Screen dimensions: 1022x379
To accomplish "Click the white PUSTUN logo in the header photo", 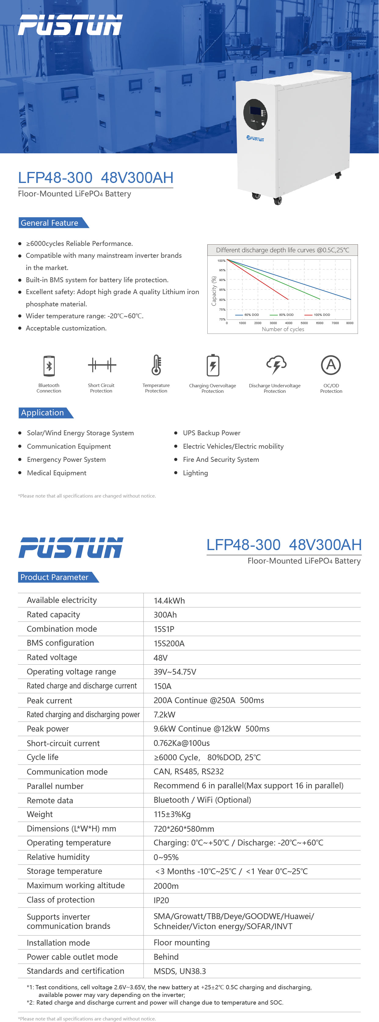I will pos(70,25).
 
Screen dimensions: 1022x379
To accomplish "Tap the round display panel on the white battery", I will pos(255,114).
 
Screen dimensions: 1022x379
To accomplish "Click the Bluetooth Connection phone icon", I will pos(49,365).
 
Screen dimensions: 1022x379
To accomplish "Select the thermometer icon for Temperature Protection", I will pos(156,365).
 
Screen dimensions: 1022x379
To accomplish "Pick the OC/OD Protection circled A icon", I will pos(331,365).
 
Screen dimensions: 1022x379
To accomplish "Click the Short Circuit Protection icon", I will pos(102,365).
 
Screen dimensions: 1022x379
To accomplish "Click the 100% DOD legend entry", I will pos(318,315).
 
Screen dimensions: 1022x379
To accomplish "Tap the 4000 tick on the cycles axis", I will pos(289,323).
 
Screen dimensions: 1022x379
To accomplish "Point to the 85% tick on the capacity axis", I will pos(222,290).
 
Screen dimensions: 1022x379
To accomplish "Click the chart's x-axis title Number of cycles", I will pos(283,329).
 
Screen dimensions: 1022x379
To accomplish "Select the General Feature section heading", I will pos(49,223).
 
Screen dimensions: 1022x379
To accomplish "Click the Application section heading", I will pos(42,413).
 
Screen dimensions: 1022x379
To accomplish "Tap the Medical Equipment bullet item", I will pos(56,473).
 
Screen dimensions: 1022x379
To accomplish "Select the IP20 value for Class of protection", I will pos(161,900).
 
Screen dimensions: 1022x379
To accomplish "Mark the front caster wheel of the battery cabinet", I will pos(278,201).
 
